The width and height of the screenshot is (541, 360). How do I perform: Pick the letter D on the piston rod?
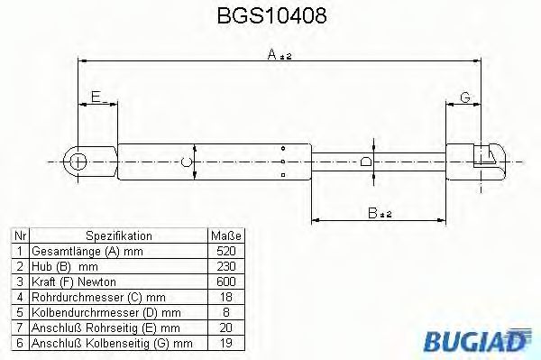(364, 162)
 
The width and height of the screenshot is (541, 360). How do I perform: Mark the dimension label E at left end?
(95, 98)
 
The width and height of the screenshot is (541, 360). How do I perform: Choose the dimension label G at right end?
(464, 97)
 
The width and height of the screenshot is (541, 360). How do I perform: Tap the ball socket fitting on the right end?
(491, 160)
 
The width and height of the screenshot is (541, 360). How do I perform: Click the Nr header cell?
(19, 235)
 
